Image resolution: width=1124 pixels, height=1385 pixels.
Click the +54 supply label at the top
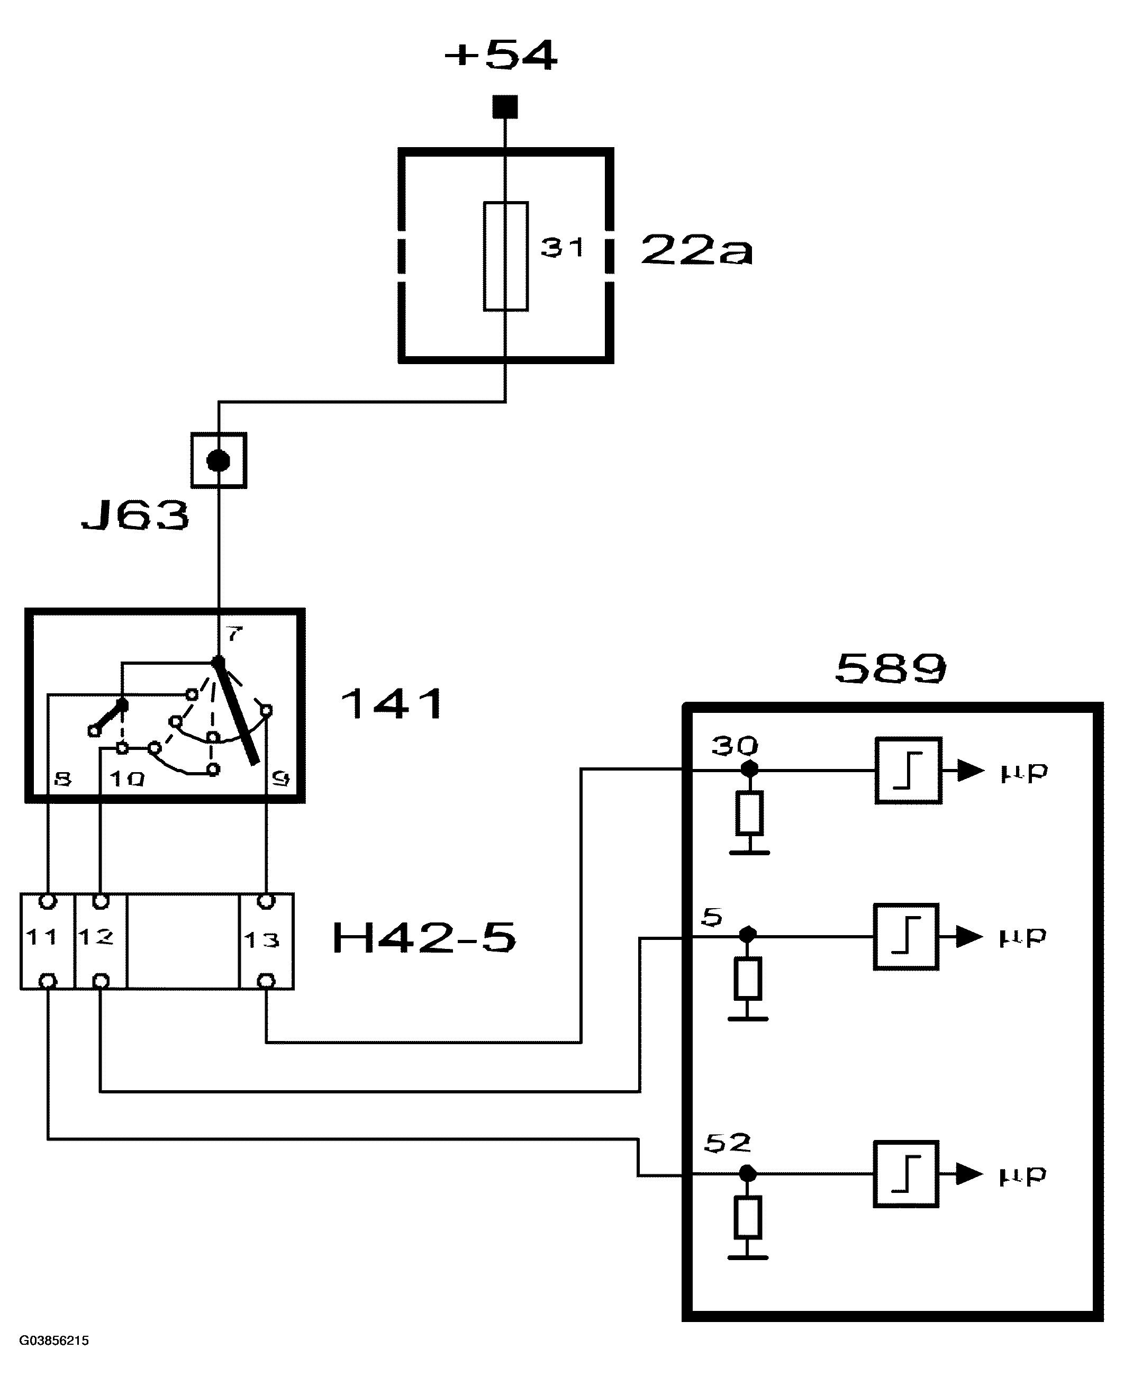coord(501,55)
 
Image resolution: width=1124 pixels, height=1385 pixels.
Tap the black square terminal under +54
coord(505,107)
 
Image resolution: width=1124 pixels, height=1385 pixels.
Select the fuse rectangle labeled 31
coord(506,256)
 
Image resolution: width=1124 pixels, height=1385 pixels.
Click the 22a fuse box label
coord(696,250)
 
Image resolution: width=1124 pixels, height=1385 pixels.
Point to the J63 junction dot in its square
coord(218,461)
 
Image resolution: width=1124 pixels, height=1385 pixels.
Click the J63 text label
coord(136,516)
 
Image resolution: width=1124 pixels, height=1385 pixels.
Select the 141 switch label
coord(392,704)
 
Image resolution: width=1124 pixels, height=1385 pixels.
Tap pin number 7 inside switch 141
coord(234,633)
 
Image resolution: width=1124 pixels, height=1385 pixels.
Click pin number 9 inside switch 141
coord(280,779)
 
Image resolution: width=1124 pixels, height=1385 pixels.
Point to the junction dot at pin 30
coord(749,769)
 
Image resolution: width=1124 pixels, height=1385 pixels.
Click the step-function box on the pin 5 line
coord(906,936)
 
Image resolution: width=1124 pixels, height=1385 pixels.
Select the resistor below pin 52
coord(748,1217)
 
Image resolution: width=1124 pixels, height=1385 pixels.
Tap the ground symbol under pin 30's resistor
coord(749,852)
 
